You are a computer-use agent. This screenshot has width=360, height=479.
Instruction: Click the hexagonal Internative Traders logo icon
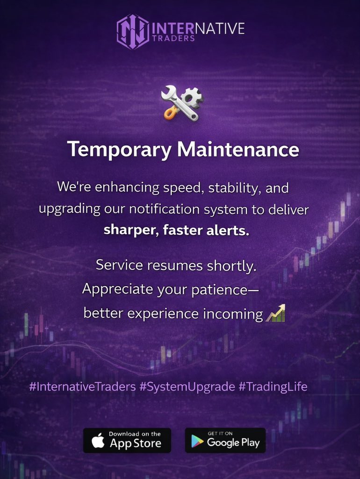[133, 32]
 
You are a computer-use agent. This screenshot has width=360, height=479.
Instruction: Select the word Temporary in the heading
[120, 150]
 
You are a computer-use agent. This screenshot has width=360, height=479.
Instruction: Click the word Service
[119, 265]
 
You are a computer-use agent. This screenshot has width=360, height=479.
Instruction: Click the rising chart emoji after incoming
[275, 313]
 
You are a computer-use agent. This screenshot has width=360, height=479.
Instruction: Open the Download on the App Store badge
[127, 440]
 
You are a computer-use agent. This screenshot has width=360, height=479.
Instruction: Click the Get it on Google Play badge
[225, 440]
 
